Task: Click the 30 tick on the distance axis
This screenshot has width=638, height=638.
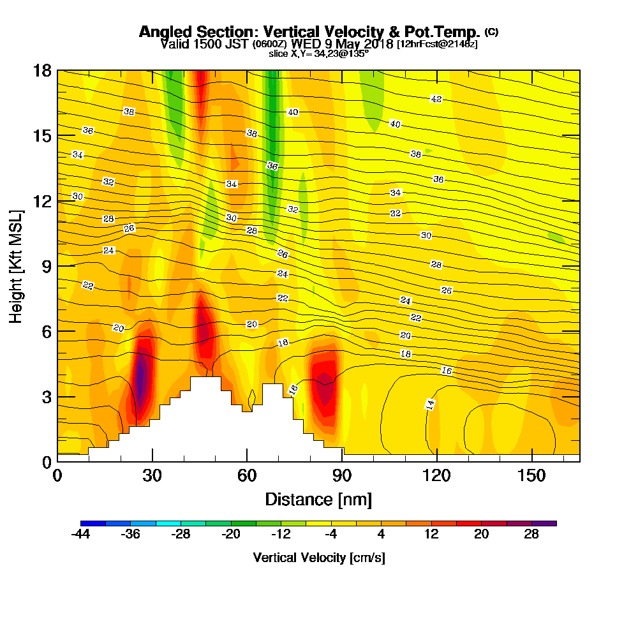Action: tap(152, 476)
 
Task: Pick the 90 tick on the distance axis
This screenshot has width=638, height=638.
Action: tap(343, 476)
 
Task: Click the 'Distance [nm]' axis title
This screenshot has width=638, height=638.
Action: tap(318, 499)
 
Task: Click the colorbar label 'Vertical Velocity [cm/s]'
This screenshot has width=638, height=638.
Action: tap(319, 558)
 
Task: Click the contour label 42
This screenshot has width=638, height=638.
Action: tap(436, 99)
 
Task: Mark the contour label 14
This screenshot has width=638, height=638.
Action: tap(431, 404)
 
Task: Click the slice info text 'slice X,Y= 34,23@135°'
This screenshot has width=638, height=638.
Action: tap(319, 54)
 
